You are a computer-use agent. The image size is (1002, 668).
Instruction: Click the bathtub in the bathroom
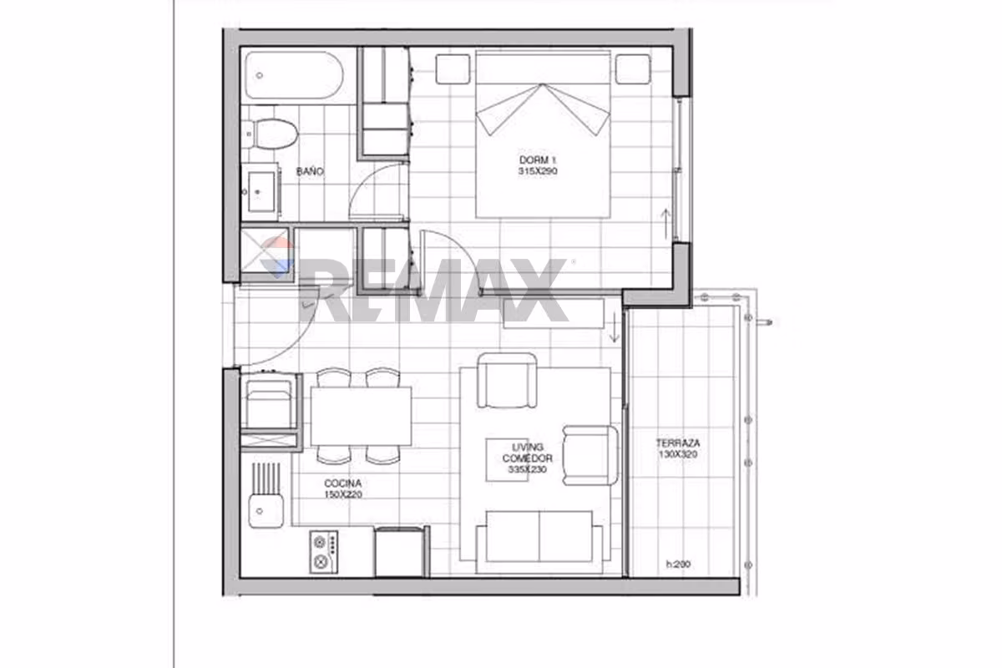(294, 75)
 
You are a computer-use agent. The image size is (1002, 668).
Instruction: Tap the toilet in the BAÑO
(272, 134)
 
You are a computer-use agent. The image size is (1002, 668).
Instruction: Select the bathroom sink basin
(261, 191)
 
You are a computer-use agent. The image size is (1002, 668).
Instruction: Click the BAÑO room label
(310, 171)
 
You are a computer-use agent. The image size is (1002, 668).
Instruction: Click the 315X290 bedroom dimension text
(538, 171)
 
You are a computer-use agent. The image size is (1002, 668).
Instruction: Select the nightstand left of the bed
(453, 69)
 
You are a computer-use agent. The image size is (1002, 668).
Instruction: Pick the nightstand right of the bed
(633, 69)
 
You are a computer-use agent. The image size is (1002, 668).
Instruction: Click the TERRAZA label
(678, 443)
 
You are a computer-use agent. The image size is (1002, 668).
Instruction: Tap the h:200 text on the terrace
(678, 564)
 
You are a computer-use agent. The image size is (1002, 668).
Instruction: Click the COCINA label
(342, 483)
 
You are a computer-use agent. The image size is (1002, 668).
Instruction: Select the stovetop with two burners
(323, 552)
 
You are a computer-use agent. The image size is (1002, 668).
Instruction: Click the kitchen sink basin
(266, 510)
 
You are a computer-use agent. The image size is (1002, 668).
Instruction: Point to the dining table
(361, 416)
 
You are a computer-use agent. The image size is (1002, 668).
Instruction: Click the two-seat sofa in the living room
(539, 542)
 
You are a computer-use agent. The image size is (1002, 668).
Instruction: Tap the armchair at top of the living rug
(507, 380)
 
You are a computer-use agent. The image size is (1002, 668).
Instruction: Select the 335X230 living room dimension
(527, 469)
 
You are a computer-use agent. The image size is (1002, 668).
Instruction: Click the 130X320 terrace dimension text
(678, 454)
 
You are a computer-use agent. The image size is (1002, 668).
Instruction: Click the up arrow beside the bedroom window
(665, 224)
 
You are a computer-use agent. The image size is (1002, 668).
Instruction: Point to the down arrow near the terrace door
(615, 328)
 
